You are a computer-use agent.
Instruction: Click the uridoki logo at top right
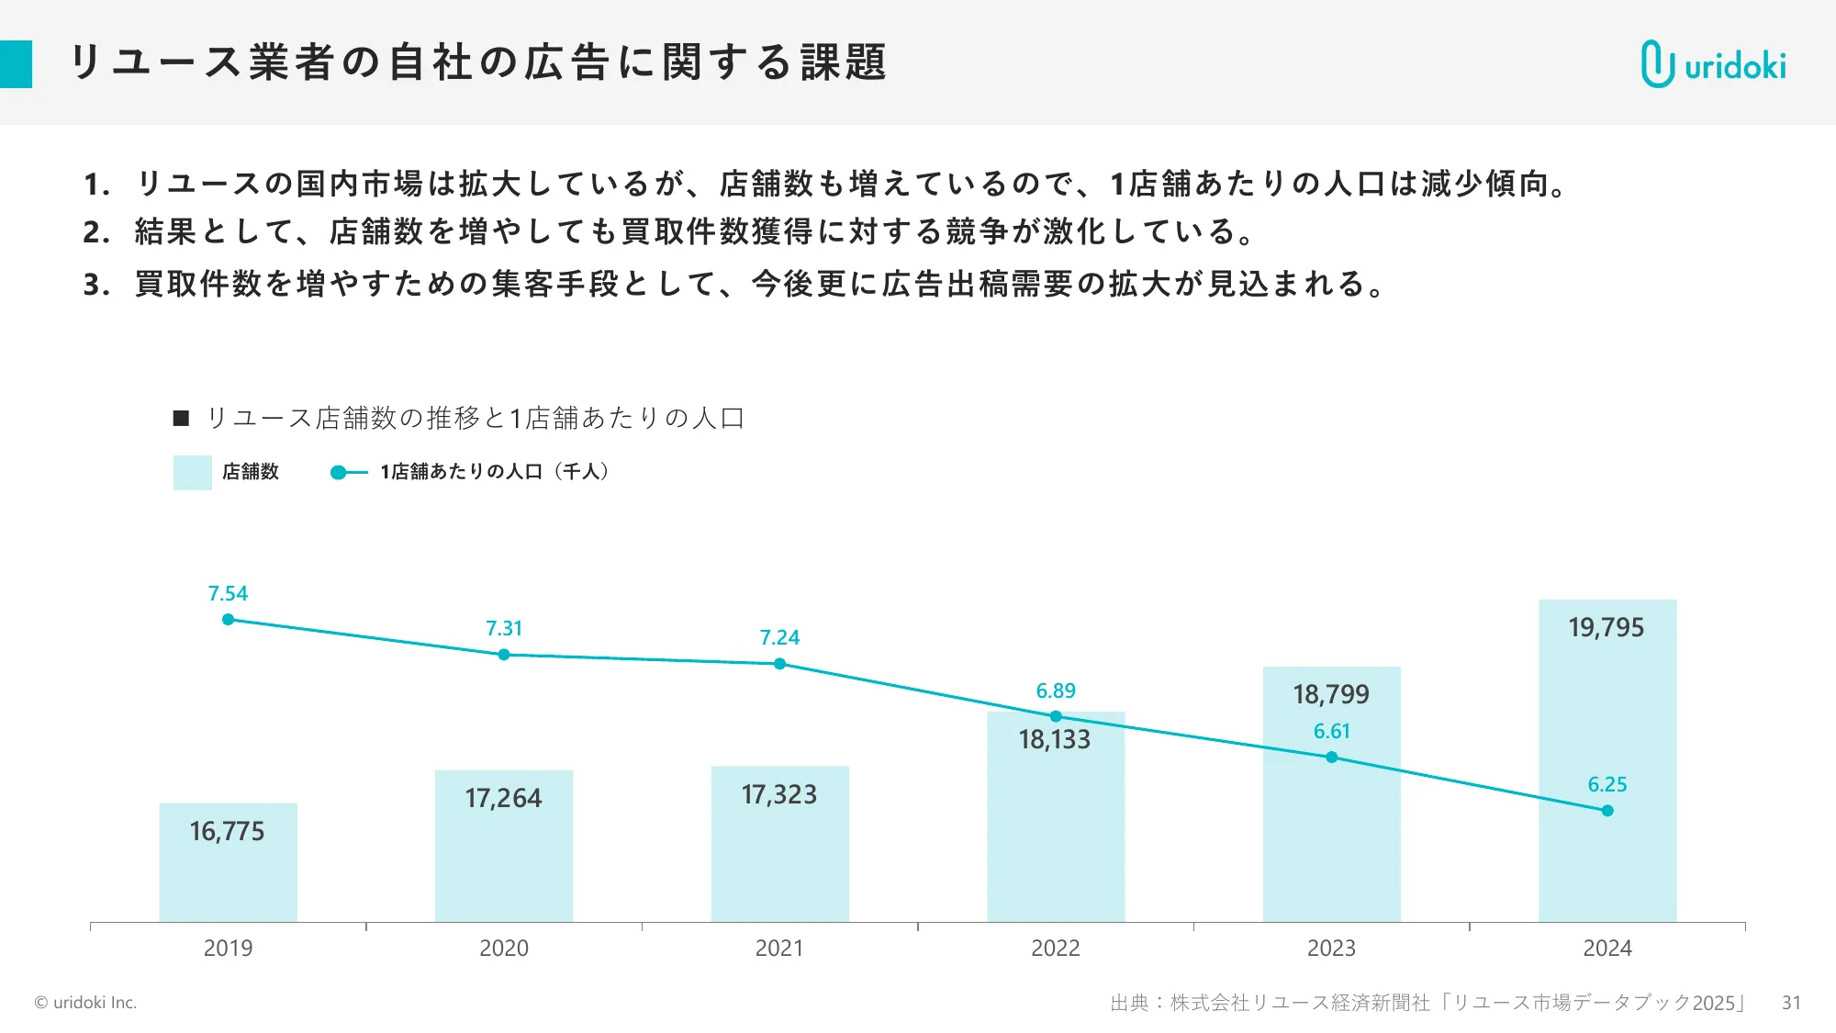(1713, 64)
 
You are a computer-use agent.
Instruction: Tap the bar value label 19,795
(1606, 628)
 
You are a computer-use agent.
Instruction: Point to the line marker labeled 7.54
(228, 620)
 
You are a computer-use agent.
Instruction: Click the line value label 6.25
(1606, 784)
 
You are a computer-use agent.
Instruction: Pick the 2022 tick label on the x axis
(1055, 948)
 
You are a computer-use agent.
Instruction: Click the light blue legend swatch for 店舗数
(192, 472)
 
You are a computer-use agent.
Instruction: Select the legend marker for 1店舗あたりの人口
(339, 472)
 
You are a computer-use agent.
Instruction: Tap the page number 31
(1790, 1003)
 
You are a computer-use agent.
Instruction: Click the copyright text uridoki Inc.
(85, 1003)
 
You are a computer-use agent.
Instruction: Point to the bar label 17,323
(778, 794)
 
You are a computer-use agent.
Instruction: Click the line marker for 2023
(1331, 758)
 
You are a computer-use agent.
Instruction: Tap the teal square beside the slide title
(16, 64)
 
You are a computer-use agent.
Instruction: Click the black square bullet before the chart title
(181, 419)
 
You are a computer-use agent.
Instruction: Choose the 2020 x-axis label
(503, 948)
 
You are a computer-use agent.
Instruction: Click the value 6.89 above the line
(1055, 691)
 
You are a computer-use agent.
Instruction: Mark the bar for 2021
(778, 863)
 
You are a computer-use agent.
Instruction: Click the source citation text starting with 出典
(1427, 1003)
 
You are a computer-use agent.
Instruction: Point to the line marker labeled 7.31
(503, 655)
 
